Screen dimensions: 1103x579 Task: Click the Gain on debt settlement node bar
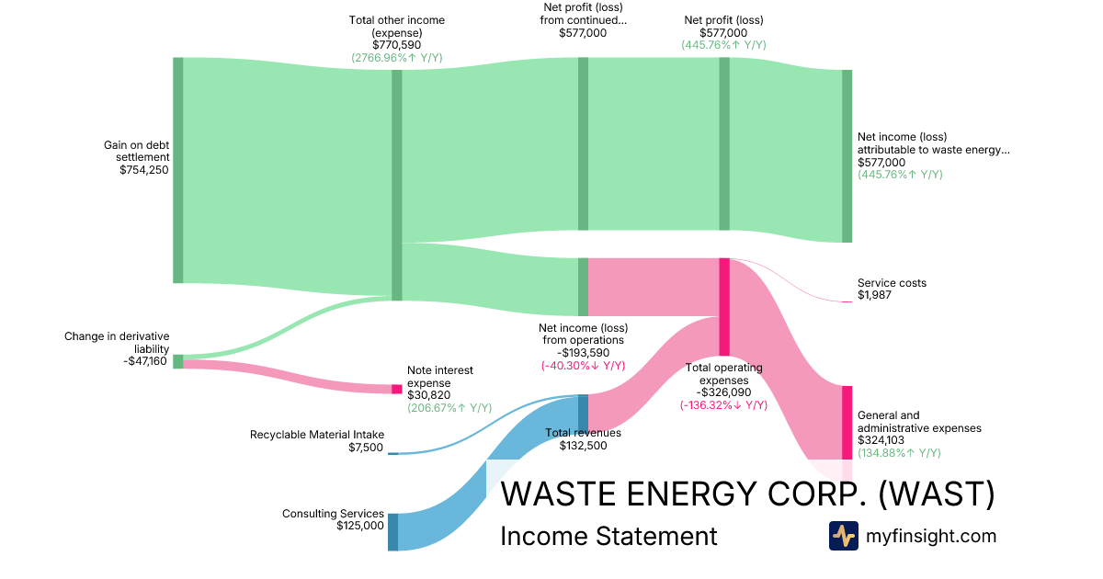coord(178,170)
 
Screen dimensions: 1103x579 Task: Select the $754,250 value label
coord(144,170)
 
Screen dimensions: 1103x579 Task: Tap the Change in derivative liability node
coord(178,361)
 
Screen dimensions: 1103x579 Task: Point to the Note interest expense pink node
coord(397,389)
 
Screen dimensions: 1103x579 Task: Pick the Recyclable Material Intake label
coord(317,435)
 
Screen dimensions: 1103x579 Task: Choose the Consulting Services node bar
coord(392,532)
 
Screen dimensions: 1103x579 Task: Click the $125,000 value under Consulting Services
coord(360,526)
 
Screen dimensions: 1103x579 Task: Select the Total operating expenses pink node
coord(724,307)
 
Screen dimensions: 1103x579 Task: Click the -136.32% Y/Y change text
coord(724,405)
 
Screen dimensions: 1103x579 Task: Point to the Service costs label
coord(892,283)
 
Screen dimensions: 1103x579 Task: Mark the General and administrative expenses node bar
coord(847,422)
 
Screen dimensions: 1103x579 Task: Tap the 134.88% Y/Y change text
coord(899,453)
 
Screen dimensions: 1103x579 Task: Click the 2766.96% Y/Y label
coord(396,58)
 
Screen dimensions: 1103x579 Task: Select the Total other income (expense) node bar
coord(397,184)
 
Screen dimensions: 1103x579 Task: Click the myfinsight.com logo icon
coord(843,536)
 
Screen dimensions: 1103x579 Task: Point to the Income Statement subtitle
coord(608,537)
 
